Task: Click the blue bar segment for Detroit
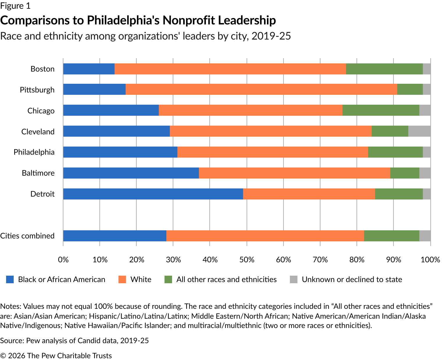(153, 194)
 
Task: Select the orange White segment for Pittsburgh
(261, 89)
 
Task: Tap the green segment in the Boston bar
(384, 69)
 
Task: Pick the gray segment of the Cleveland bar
(419, 131)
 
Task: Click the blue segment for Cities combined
(115, 236)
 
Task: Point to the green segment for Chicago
(381, 110)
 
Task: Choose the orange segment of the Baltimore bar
(294, 173)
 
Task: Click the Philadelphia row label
(34, 152)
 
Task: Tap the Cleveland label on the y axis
(38, 131)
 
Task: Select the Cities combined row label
(27, 236)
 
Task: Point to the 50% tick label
(247, 259)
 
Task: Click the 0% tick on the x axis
(63, 259)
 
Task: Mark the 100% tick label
(430, 259)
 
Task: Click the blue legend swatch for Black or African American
(10, 279)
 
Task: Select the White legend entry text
(141, 279)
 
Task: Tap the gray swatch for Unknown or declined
(294, 279)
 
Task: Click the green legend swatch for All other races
(168, 279)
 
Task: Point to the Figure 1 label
(15, 6)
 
